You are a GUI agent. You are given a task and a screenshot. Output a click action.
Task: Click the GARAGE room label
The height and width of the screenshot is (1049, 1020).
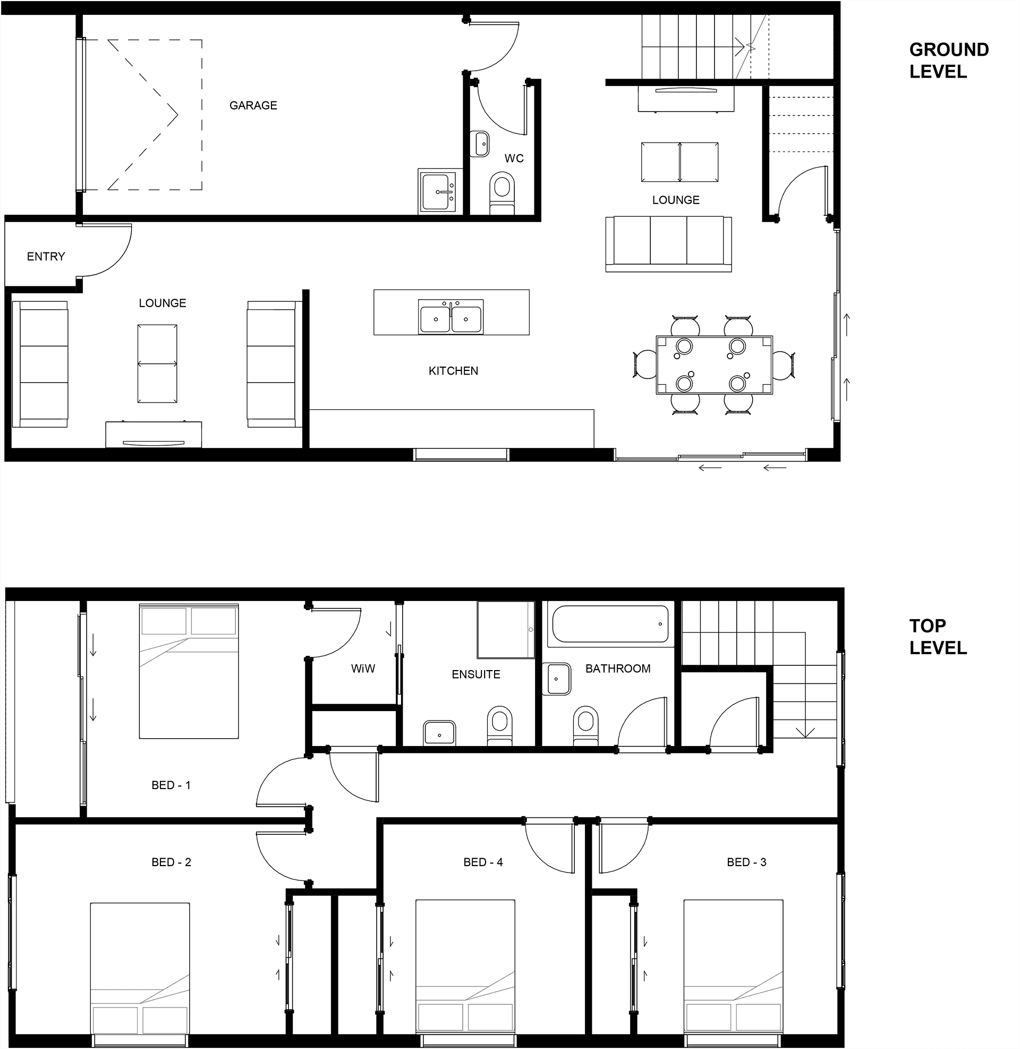point(253,106)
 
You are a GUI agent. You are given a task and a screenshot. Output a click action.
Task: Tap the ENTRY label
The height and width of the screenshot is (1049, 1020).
point(46,257)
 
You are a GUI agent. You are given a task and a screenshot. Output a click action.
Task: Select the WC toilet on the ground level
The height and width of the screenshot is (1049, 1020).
point(502,193)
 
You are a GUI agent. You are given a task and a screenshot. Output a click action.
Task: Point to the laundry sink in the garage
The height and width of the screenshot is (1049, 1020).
point(437,191)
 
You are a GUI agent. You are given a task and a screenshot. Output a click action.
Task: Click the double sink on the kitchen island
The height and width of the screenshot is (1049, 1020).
point(450,317)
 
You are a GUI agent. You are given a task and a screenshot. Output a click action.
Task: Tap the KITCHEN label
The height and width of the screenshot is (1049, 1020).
point(453,371)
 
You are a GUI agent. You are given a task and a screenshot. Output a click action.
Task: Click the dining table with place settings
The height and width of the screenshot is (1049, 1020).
point(715,366)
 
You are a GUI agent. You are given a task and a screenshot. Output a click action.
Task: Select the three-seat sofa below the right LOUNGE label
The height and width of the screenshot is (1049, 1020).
point(668,244)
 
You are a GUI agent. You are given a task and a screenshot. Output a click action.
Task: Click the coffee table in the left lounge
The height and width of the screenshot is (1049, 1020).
point(157,364)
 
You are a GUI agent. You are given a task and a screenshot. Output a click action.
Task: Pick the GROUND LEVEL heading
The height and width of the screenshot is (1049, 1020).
point(949,61)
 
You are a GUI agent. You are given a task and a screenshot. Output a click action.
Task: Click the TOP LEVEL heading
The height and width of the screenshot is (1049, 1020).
point(938,637)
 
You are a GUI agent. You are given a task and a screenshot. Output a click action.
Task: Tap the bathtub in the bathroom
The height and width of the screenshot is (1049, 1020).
point(610,624)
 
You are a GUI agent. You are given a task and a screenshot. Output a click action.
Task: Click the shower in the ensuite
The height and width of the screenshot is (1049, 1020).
point(506,630)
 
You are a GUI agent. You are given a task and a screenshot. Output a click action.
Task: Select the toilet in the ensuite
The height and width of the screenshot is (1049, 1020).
point(500,725)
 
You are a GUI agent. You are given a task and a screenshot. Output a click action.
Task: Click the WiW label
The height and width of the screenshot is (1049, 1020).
point(363,669)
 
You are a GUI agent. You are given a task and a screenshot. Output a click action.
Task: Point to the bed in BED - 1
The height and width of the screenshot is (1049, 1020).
point(189,671)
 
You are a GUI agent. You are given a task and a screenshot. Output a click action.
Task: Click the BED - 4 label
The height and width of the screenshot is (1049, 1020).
point(483,862)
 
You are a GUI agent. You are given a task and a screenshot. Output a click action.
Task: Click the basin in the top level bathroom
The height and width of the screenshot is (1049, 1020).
point(557,679)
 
